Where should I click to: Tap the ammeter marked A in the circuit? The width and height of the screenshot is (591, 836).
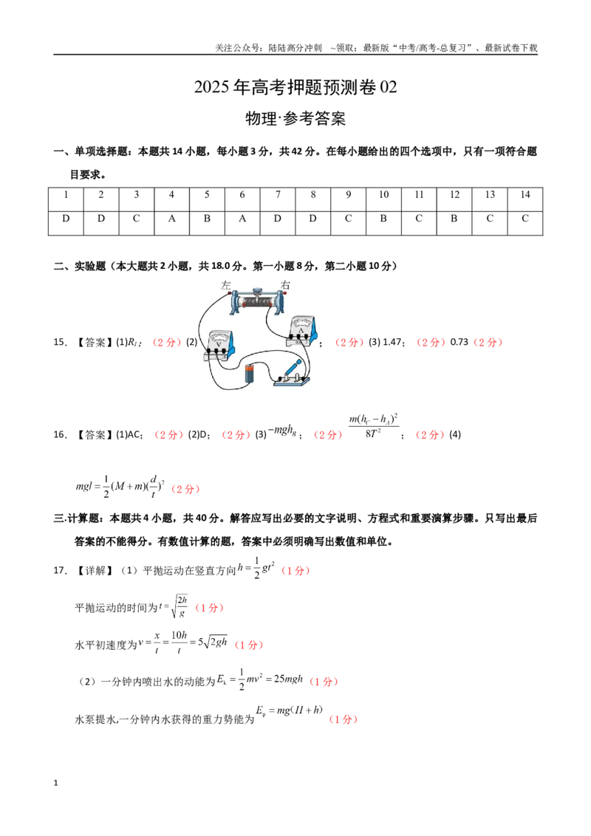(x=302, y=331)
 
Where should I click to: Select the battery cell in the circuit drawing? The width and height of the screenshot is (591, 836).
(x=250, y=373)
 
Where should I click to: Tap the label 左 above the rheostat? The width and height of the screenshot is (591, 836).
(x=225, y=285)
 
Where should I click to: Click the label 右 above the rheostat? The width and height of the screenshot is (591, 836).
(x=286, y=285)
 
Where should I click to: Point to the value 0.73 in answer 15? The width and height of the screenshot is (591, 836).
(x=460, y=342)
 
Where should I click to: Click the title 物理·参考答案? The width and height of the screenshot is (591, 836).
(x=295, y=118)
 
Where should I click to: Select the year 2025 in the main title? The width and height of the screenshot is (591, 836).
(x=212, y=87)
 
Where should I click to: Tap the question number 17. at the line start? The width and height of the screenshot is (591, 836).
(x=60, y=570)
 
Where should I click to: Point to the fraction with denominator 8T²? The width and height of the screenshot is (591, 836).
(x=373, y=426)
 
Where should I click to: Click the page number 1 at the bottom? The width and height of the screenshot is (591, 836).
(x=55, y=783)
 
